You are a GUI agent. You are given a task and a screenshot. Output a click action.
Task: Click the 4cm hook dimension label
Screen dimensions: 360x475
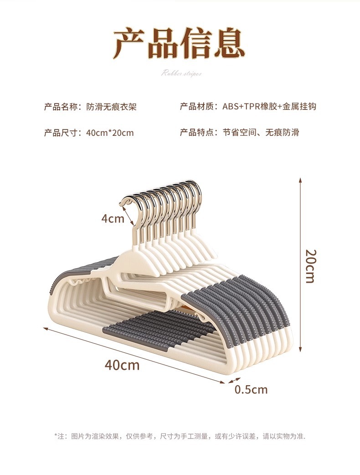(113, 218)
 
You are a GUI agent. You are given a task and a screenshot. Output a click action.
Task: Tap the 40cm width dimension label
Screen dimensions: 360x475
(122, 365)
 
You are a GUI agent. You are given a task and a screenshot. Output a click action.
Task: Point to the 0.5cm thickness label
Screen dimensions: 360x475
(251, 389)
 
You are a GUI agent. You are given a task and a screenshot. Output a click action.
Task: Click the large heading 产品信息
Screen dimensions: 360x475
(180, 43)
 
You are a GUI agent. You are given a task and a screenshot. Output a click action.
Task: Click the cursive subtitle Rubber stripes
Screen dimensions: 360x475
(181, 73)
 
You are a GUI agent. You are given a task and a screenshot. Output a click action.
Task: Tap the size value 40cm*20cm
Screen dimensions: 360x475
(109, 133)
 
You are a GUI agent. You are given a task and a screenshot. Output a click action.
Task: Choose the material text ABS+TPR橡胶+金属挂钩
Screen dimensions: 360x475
(269, 107)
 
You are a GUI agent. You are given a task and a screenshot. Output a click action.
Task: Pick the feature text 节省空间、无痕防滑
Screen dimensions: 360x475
(261, 133)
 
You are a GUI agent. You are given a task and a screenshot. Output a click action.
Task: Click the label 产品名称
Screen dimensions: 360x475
(62, 107)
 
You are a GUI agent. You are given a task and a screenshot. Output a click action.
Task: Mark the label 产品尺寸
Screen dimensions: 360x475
(62, 133)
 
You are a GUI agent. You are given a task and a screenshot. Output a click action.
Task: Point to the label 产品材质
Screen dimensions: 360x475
(198, 107)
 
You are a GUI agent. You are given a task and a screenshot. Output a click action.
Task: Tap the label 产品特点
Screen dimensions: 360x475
(198, 133)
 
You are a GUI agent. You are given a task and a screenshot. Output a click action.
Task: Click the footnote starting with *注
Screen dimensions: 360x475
(180, 436)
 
